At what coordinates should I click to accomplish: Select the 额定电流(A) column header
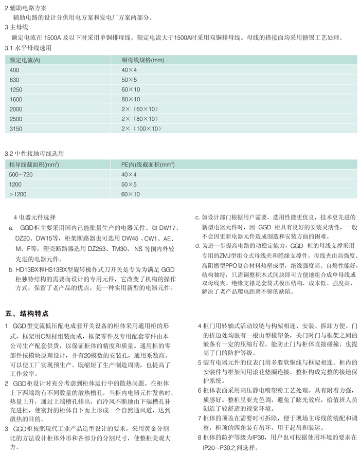click(x=25, y=60)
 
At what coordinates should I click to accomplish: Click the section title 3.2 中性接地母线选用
click(x=35, y=154)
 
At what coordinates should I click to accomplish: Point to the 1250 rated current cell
click(x=16, y=89)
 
